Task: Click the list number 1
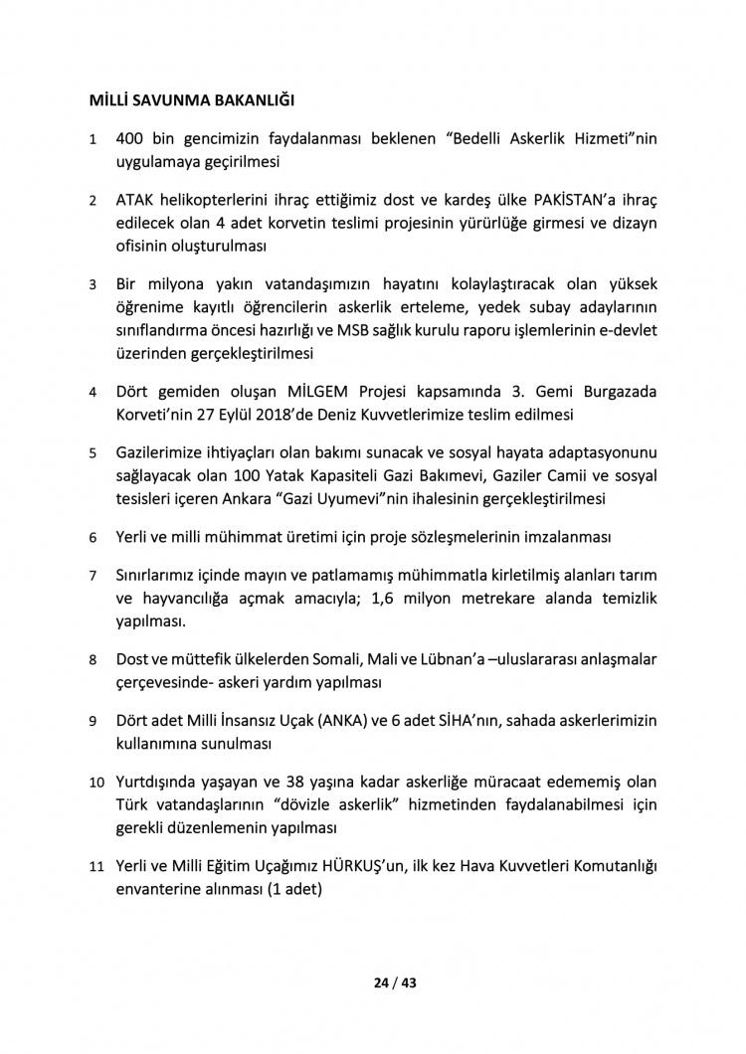coord(93,140)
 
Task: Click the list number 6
coord(93,538)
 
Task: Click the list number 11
coord(96,867)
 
